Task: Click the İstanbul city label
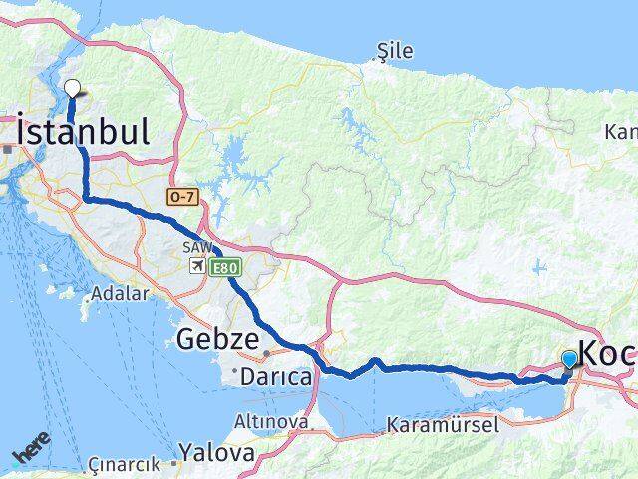pyautogui.click(x=84, y=132)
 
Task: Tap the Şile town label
pyautogui.click(x=395, y=51)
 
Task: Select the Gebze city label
pyautogui.click(x=217, y=339)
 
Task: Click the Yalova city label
pyautogui.click(x=216, y=453)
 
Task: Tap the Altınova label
pyautogui.click(x=270, y=422)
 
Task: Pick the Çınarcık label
pyautogui.click(x=124, y=464)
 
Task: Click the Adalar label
pyautogui.click(x=120, y=294)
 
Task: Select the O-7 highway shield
pyautogui.click(x=182, y=198)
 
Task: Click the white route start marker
pyautogui.click(x=72, y=88)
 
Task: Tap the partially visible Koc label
pyautogui.click(x=607, y=354)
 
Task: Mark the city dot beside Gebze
pyautogui.click(x=266, y=352)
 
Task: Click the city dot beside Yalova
pyautogui.click(x=173, y=463)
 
